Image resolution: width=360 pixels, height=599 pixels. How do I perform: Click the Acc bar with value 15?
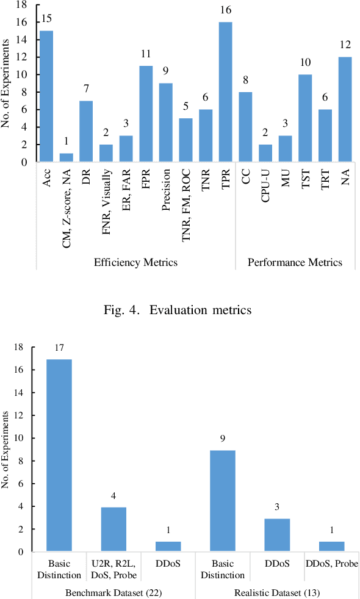coord(46,96)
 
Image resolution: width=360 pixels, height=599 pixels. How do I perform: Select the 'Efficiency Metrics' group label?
coord(135,263)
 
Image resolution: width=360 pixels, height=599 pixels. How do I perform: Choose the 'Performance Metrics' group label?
coord(295,263)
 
